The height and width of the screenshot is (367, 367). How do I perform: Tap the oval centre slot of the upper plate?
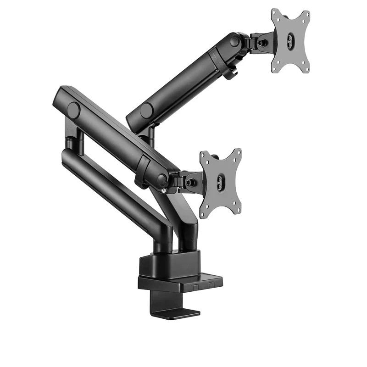(290, 40)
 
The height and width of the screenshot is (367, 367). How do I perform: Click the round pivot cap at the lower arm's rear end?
(73, 110)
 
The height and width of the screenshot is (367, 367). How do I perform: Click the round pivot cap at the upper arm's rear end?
(146, 111)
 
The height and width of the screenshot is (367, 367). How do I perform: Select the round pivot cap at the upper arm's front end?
(234, 41)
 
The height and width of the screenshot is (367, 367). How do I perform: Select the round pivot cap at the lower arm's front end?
(161, 179)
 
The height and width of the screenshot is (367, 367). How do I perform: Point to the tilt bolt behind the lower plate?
(190, 182)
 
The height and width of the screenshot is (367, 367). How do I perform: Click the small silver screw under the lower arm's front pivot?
(164, 190)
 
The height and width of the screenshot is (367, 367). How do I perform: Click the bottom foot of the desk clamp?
(177, 313)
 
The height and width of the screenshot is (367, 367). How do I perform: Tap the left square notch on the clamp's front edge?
(195, 286)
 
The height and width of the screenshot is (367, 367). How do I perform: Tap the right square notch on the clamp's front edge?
(211, 284)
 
